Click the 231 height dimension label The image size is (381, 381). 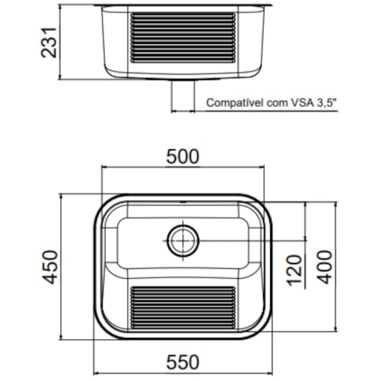(x=47, y=42)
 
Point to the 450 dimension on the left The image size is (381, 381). (x=47, y=267)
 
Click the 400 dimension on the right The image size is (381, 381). (x=324, y=267)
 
